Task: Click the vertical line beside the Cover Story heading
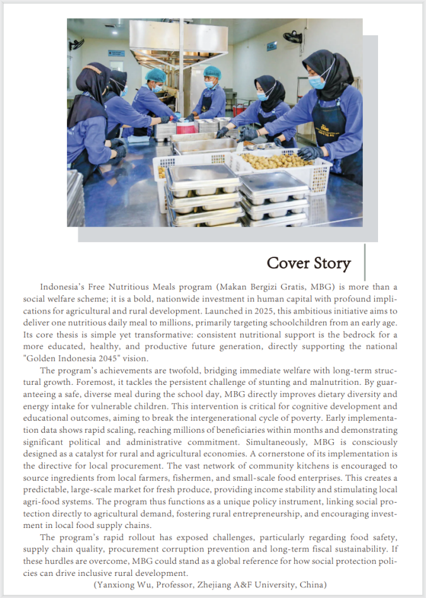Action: tap(365, 262)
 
